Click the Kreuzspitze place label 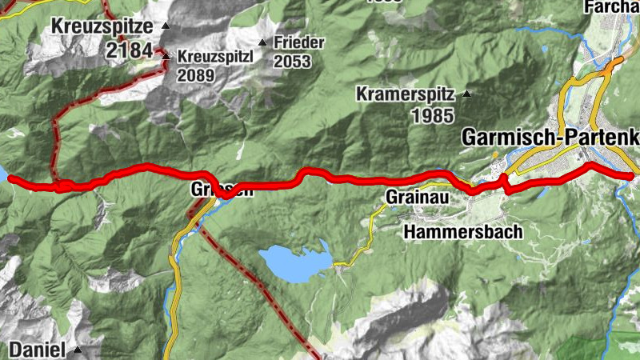tap(103, 26)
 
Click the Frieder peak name tap(298, 42)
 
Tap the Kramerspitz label tap(405, 95)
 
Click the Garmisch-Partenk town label tap(550, 138)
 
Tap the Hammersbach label tap(463, 232)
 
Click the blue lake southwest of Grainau tap(295, 263)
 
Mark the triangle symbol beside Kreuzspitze tap(166, 26)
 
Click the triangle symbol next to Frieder tap(262, 42)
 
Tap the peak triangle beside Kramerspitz tap(467, 95)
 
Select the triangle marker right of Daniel tap(78, 350)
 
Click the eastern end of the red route tap(631, 174)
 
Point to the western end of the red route tap(10, 178)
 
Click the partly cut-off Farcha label tap(613, 7)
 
